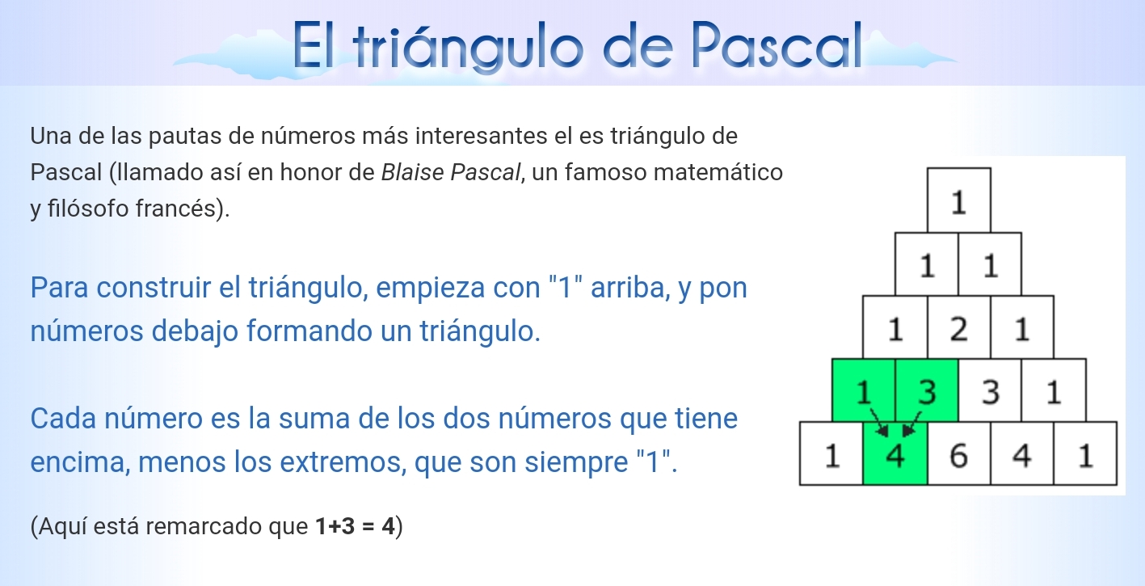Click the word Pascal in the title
click(778, 45)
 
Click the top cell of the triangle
click(959, 200)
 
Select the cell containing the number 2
click(959, 327)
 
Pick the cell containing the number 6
click(959, 453)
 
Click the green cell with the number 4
click(895, 453)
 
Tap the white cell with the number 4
click(1022, 453)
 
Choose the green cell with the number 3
click(927, 390)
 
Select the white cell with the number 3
click(990, 390)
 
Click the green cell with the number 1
click(864, 390)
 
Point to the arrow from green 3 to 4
click(911, 424)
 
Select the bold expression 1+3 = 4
click(356, 526)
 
